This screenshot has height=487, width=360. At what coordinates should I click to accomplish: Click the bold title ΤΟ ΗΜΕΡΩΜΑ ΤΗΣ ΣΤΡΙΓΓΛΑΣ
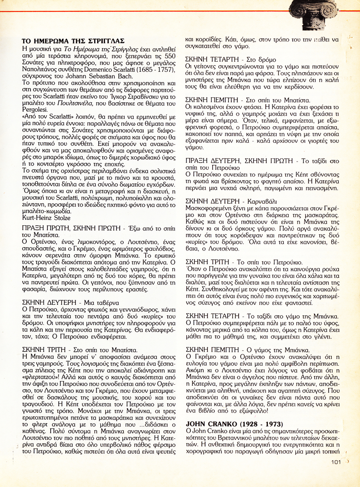[73, 41]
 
